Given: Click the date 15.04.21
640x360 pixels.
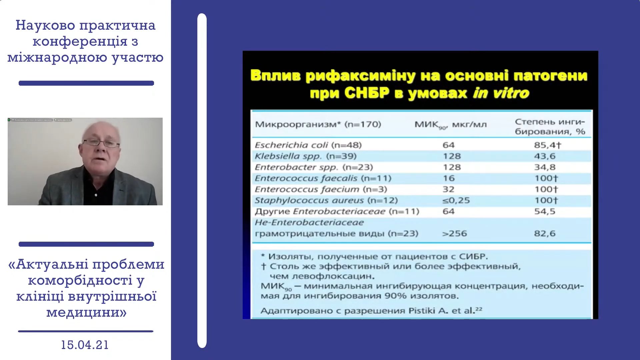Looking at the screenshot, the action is pyautogui.click(x=85, y=345).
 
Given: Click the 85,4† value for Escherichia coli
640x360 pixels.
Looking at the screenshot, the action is pyautogui.click(x=548, y=145).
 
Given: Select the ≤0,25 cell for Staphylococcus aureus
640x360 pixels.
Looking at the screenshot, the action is pyautogui.click(x=456, y=200).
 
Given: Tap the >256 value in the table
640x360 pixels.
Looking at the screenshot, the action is pyautogui.click(x=454, y=233).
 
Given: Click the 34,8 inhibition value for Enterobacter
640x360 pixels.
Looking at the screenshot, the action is pyautogui.click(x=545, y=167).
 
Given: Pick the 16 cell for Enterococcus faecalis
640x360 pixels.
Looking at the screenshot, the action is pyautogui.click(x=449, y=178).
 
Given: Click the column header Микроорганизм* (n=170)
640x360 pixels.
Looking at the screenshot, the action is pyautogui.click(x=318, y=124).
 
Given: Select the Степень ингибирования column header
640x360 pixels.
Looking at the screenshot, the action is pyautogui.click(x=550, y=127).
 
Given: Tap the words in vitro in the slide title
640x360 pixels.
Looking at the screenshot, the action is pyautogui.click(x=501, y=93).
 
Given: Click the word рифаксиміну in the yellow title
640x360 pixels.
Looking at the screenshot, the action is pyautogui.click(x=360, y=76).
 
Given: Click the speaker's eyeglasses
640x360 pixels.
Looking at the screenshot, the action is pyautogui.click(x=101, y=143).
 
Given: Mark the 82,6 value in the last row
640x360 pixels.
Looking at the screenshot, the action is pyautogui.click(x=545, y=233).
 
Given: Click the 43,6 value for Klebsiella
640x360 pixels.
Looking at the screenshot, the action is pyautogui.click(x=545, y=156).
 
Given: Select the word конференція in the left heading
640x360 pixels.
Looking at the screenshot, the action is pyautogui.click(x=80, y=41).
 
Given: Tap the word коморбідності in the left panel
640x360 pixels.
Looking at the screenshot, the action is pyautogui.click(x=80, y=280).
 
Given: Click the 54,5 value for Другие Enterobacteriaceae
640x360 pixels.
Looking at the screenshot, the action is pyautogui.click(x=545, y=211).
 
